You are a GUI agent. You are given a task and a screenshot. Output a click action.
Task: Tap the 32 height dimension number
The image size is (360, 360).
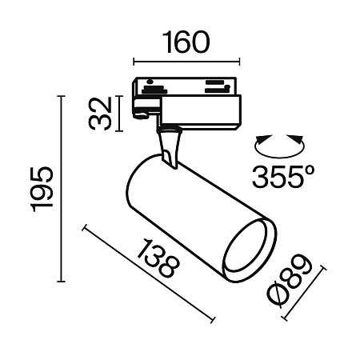(x=99, y=113)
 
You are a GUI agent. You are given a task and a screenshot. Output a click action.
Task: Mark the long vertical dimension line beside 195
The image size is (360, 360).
(x=61, y=189)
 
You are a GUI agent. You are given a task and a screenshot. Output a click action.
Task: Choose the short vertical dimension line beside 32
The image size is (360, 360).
(x=118, y=113)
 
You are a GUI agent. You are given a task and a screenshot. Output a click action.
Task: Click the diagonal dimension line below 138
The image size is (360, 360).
(x=148, y=271)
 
